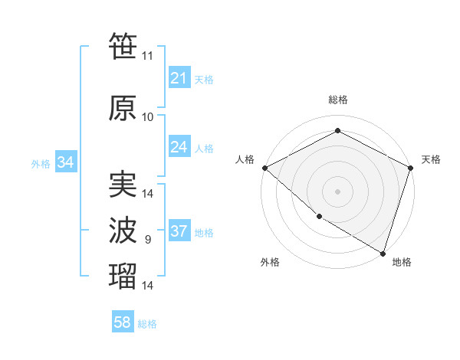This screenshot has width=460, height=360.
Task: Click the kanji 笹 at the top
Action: point(123,46)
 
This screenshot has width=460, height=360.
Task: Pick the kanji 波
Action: point(123,231)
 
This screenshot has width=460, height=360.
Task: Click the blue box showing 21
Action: point(179,78)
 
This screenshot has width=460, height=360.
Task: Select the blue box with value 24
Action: point(179,147)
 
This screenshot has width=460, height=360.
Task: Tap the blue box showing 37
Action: point(179,231)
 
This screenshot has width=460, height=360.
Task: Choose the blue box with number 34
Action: point(65,162)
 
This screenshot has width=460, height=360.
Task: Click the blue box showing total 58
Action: point(123,322)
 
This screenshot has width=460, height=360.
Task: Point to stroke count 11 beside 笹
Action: point(147,56)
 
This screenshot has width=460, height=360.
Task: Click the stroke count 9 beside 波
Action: point(147,240)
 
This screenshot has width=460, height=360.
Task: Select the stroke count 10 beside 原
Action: point(147,117)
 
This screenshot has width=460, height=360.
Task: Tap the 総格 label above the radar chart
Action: point(337,100)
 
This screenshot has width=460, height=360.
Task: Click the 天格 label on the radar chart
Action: point(431,159)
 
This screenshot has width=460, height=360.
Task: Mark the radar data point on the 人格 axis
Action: point(264,168)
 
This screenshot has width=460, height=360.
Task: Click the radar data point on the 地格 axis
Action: point(383,253)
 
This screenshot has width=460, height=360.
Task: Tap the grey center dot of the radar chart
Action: point(337,191)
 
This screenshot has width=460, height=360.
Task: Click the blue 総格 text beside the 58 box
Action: point(147,324)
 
